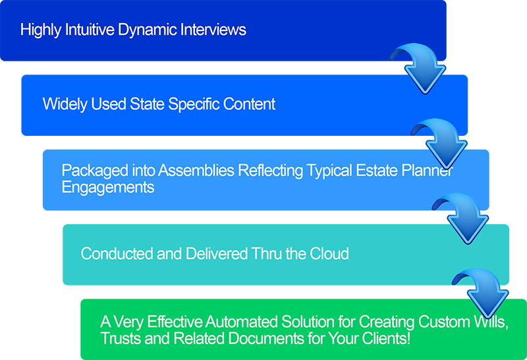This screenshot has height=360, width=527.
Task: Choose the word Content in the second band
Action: [250, 104]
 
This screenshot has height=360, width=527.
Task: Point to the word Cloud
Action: [329, 253]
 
